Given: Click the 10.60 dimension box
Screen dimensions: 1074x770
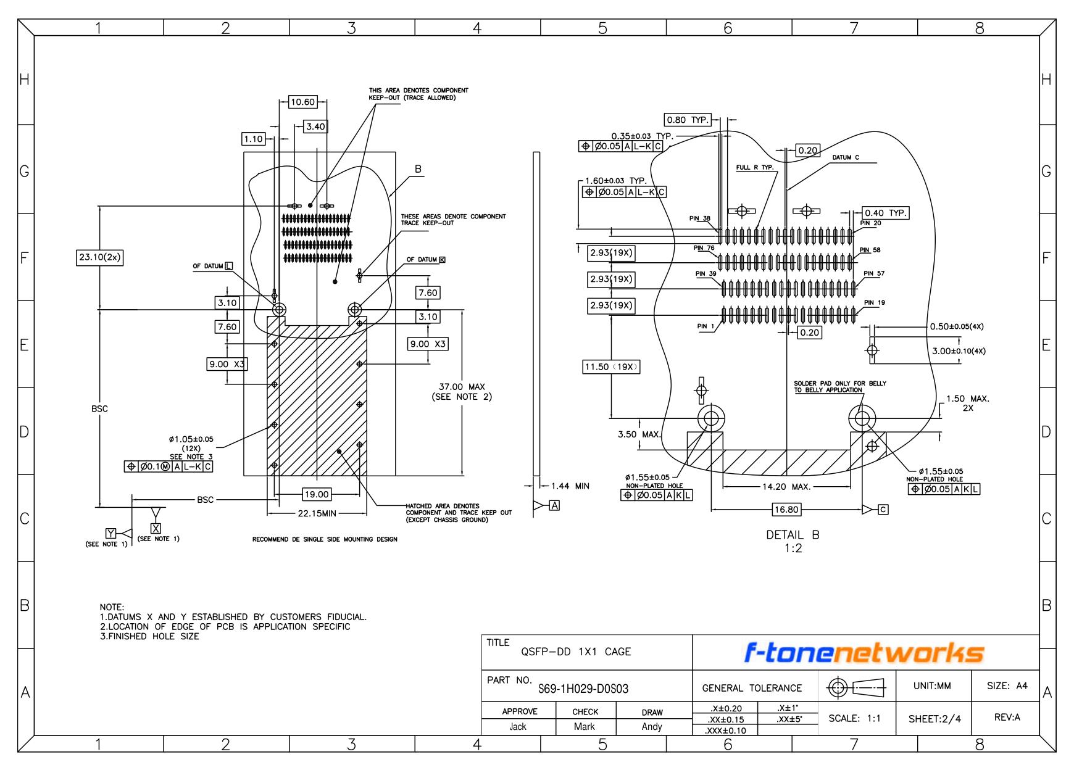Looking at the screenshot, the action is [x=302, y=102].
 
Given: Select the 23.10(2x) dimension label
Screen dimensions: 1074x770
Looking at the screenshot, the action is [x=99, y=258].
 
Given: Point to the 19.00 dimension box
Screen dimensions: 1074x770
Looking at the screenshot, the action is [x=316, y=494].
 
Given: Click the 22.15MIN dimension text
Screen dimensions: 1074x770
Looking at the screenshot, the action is [x=317, y=513].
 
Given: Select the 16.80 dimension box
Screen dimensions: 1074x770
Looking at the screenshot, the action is [x=786, y=510].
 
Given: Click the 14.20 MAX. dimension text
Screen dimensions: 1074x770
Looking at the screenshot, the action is [x=786, y=487].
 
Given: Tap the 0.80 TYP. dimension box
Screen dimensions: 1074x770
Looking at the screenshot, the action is [x=688, y=120].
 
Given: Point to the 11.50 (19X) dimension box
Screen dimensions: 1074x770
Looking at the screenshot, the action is [x=612, y=367].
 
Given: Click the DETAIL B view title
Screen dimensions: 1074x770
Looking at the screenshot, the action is [x=793, y=535].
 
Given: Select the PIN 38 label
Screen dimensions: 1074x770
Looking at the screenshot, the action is [x=700, y=218].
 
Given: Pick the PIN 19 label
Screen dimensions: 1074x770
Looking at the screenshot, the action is [x=875, y=303].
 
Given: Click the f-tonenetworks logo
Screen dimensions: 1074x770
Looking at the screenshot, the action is [x=865, y=653].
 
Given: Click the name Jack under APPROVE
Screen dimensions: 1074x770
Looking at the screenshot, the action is [x=518, y=727].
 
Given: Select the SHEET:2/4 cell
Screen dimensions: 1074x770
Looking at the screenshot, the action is [x=934, y=719].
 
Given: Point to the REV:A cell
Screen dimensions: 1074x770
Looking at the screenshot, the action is [x=1007, y=718].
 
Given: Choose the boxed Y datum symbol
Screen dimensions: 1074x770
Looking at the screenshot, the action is [x=110, y=533].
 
